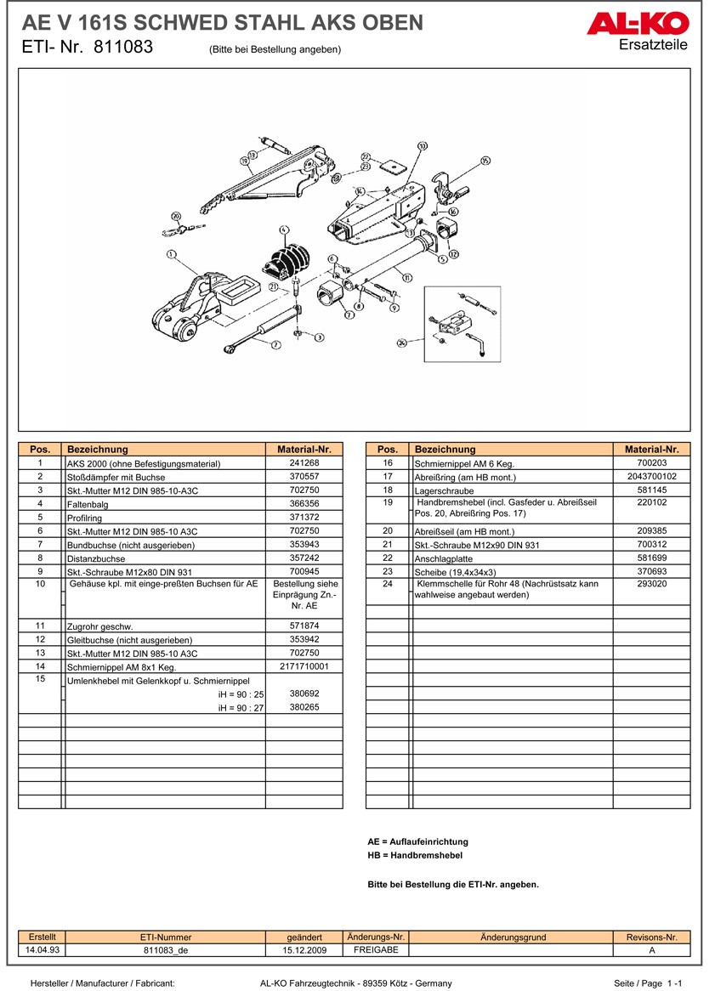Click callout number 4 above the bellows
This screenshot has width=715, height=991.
tap(284, 229)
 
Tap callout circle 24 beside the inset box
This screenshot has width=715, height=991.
tap(402, 343)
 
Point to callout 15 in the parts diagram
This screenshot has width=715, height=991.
tap(485, 160)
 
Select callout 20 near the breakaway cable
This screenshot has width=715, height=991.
tap(176, 216)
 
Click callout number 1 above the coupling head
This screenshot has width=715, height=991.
tap(171, 253)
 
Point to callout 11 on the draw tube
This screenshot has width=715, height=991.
tap(407, 277)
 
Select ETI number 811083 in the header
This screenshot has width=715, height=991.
tap(124, 48)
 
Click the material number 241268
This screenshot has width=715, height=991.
tap(304, 463)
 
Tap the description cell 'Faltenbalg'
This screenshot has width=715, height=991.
tap(166, 504)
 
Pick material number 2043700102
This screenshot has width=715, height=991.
tap(652, 477)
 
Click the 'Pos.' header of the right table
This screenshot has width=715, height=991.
tap(387, 449)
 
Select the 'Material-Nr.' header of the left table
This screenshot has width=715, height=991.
tap(304, 449)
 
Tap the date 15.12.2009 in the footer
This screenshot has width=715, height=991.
tap(304, 950)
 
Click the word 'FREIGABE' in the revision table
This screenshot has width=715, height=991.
tap(375, 950)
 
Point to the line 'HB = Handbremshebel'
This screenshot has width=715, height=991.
tap(415, 855)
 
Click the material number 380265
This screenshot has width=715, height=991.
tap(304, 707)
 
